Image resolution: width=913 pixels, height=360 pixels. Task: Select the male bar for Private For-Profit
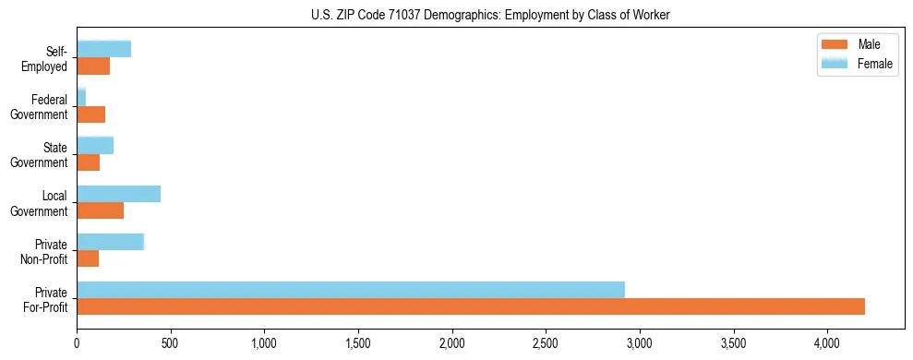coord(471,306)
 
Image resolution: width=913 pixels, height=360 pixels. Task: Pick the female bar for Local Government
coord(118,193)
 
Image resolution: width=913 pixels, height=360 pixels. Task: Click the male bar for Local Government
coord(100,210)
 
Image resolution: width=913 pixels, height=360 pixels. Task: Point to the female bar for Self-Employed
coord(103,49)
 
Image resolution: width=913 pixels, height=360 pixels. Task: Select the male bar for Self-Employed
coord(93,66)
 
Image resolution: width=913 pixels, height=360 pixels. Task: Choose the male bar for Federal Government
coord(90,114)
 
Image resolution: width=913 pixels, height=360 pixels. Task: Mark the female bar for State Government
coord(95,145)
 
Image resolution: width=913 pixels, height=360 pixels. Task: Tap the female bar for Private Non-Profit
coord(110,241)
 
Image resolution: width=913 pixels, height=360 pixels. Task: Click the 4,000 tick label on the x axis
coord(827,342)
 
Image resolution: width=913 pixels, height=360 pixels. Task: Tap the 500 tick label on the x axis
coord(170,342)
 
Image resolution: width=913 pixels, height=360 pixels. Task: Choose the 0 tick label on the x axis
coord(77,342)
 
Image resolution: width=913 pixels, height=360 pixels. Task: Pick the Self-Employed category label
coord(47,59)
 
